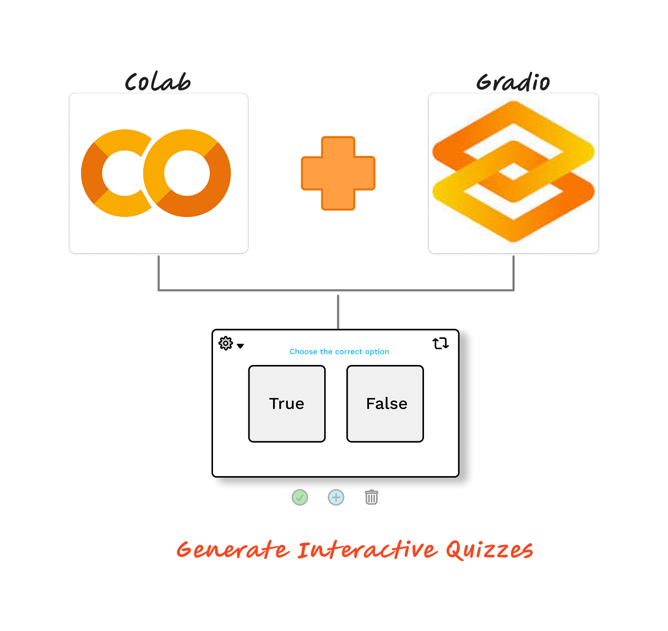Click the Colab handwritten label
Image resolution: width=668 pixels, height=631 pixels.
tap(157, 82)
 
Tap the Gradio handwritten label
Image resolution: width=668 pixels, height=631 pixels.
tap(513, 82)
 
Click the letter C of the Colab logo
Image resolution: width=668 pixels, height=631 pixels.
tap(116, 173)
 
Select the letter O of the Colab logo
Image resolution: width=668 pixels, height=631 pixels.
tap(187, 173)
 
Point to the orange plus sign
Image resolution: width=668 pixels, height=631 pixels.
tap(338, 173)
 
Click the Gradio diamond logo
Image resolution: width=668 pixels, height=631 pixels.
tap(513, 172)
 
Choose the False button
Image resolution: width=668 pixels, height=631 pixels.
tap(385, 404)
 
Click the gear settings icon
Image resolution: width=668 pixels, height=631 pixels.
tap(226, 343)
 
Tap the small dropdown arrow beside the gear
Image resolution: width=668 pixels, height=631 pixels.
tap(241, 346)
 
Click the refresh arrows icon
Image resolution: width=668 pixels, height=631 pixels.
tap(440, 343)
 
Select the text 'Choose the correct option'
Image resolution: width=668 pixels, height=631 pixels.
tap(339, 352)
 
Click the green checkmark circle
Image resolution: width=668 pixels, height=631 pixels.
tap(300, 498)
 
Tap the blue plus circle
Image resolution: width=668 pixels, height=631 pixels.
tap(336, 498)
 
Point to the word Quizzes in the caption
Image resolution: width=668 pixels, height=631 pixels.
tap(489, 550)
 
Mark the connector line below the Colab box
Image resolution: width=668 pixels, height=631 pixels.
tap(159, 273)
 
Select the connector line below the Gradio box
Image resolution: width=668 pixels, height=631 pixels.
tap(514, 273)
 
